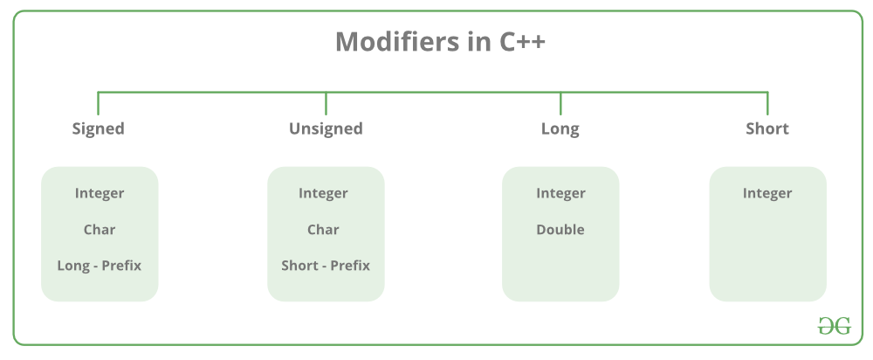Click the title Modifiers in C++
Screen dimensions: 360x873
pos(440,43)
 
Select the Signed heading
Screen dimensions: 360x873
pos(98,128)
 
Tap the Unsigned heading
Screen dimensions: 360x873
pos(326,128)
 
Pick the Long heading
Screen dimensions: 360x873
pos(560,128)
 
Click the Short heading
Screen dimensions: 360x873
pos(766,128)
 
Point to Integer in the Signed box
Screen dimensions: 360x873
pos(100,193)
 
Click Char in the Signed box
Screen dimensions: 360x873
pos(100,230)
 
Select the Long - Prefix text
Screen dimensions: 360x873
pos(100,265)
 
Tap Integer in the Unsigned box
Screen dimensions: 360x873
pos(323,193)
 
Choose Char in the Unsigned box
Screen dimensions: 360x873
pos(323,230)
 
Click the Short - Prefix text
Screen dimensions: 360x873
pos(326,265)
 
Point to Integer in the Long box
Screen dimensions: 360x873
pos(560,193)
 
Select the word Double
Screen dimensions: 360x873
pos(560,230)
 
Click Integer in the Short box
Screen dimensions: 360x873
pos(767,193)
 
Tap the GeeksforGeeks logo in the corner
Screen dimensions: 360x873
pos(834,326)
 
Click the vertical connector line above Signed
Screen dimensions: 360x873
pos(98,103)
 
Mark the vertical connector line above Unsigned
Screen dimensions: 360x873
pos(326,103)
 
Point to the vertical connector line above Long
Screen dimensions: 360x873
pos(560,103)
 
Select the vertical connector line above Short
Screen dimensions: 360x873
pos(767,103)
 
